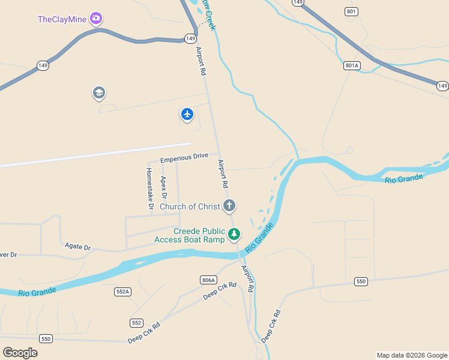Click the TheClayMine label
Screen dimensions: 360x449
pos(62,19)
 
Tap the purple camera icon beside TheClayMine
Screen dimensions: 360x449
pos(96,19)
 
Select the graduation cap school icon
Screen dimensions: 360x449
pos(98,93)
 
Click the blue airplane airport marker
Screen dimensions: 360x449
pos(187,113)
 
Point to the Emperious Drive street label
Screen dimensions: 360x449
pos(184,158)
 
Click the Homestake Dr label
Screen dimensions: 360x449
pos(149,188)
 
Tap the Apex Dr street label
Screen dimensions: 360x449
pos(164,188)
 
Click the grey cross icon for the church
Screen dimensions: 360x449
pos(229,206)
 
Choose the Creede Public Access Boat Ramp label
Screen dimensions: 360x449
pos(190,235)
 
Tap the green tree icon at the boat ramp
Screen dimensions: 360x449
pos(234,234)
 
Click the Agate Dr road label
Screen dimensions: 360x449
pos(77,247)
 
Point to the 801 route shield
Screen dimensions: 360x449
pos(351,11)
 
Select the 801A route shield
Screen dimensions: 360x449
pos(352,65)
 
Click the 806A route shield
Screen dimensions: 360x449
pos(208,280)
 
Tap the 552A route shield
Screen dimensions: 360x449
pos(122,292)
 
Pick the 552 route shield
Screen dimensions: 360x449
pos(136,323)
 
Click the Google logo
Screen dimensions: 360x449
pos(20,353)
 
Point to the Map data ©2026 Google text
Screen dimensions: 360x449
pos(412,355)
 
